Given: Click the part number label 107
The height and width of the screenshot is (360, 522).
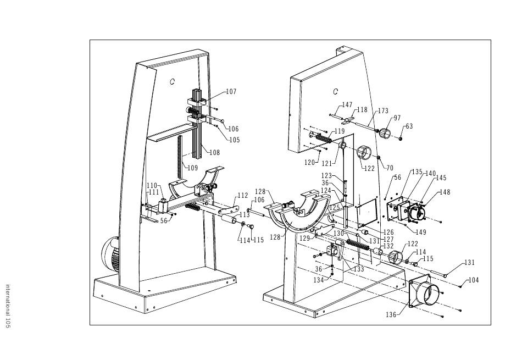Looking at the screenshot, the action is pyautogui.click(x=231, y=92).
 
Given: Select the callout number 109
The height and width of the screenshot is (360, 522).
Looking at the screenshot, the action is pyautogui.click(x=193, y=168).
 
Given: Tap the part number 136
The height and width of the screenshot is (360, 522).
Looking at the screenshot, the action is pyautogui.click(x=391, y=314).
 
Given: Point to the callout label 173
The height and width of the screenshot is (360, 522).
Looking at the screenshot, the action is pyautogui.click(x=383, y=110).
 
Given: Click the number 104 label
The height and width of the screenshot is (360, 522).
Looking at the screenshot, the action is pyautogui.click(x=474, y=280).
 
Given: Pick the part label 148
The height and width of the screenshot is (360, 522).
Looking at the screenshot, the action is pyautogui.click(x=445, y=192).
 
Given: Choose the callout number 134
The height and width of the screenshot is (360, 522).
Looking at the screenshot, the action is pyautogui.click(x=319, y=280).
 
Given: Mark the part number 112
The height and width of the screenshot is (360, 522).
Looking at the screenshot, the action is pyautogui.click(x=243, y=195).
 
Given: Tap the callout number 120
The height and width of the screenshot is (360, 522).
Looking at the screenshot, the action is pyautogui.click(x=309, y=163).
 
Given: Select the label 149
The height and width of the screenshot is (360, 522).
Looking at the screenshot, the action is pyautogui.click(x=421, y=232).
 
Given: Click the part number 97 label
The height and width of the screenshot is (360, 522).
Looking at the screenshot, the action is pyautogui.click(x=397, y=118).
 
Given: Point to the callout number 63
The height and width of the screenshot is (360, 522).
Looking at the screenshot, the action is pyautogui.click(x=409, y=126).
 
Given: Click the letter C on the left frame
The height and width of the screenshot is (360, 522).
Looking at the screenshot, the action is pyautogui.click(x=172, y=81).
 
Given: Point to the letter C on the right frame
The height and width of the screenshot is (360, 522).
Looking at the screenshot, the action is pyautogui.click(x=336, y=91).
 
